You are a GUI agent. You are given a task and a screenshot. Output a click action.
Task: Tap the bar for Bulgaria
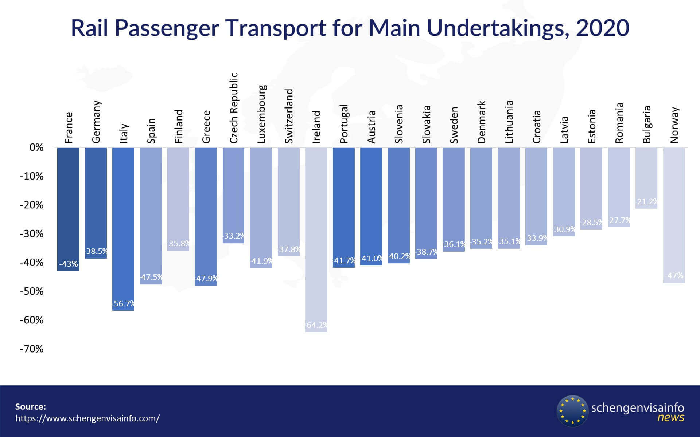tap(646, 175)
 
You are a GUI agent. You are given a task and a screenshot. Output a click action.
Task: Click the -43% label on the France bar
tap(69, 264)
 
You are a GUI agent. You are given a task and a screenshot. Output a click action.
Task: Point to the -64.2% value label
tap(316, 325)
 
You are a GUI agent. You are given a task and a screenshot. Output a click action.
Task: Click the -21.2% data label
tap(646, 201)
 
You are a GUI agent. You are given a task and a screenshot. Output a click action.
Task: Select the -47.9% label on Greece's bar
tap(206, 279)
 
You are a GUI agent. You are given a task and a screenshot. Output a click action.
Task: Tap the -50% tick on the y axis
tap(32, 291)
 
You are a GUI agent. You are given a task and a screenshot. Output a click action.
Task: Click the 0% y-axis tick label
tap(36, 147)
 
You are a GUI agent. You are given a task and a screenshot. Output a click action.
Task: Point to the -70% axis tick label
tap(32, 349)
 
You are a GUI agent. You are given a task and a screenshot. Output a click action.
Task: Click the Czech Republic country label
tap(234, 107)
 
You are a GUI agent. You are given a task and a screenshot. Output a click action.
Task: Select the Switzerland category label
tap(289, 116)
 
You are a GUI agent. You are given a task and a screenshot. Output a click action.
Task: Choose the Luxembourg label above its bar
tap(261, 114)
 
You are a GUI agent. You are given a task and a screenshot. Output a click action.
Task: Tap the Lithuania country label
tap(509, 121)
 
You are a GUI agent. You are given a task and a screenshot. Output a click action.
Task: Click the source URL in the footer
tap(87, 418)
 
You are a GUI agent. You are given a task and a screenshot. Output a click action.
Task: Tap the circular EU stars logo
tap(572, 411)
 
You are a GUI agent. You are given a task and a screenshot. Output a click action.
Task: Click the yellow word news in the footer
tap(671, 417)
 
